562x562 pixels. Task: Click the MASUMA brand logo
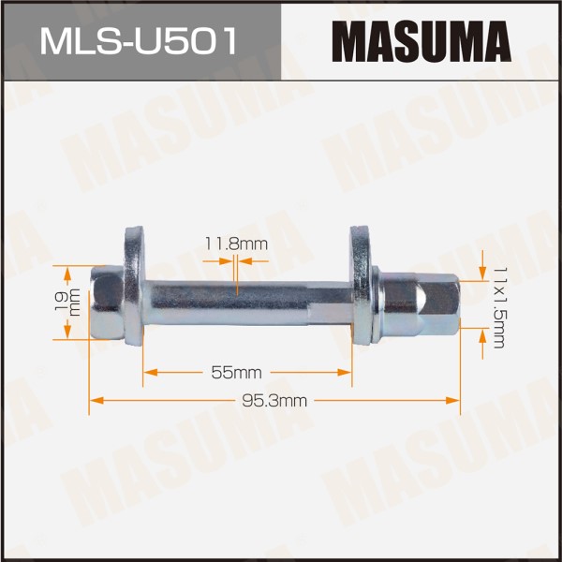[x=421, y=41]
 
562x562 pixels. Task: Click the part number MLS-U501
[x=139, y=41]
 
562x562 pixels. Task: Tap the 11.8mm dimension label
[x=236, y=244]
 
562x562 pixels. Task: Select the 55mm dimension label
[x=236, y=373]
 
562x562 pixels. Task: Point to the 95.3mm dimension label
[x=274, y=401]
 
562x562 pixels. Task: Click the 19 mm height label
[x=67, y=302]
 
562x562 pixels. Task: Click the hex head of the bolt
[x=107, y=302]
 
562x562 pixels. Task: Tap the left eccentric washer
[x=134, y=286]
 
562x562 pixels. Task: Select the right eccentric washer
[x=361, y=285]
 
